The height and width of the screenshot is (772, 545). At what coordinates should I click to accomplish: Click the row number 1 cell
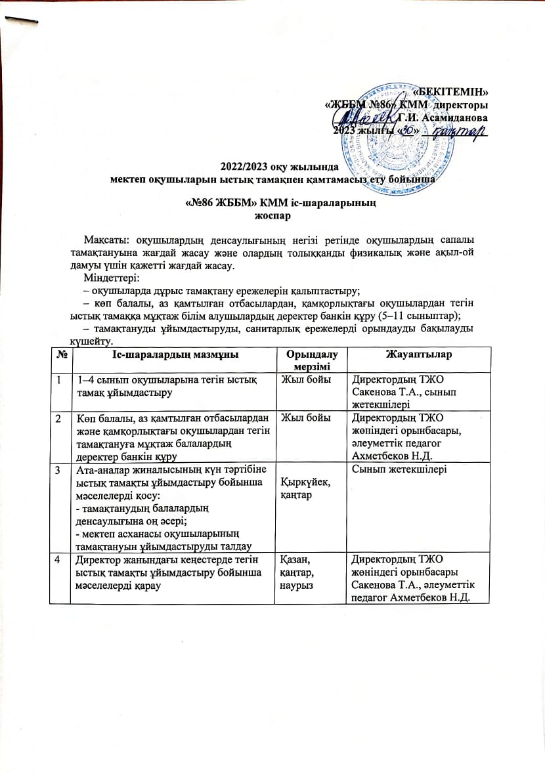60,379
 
